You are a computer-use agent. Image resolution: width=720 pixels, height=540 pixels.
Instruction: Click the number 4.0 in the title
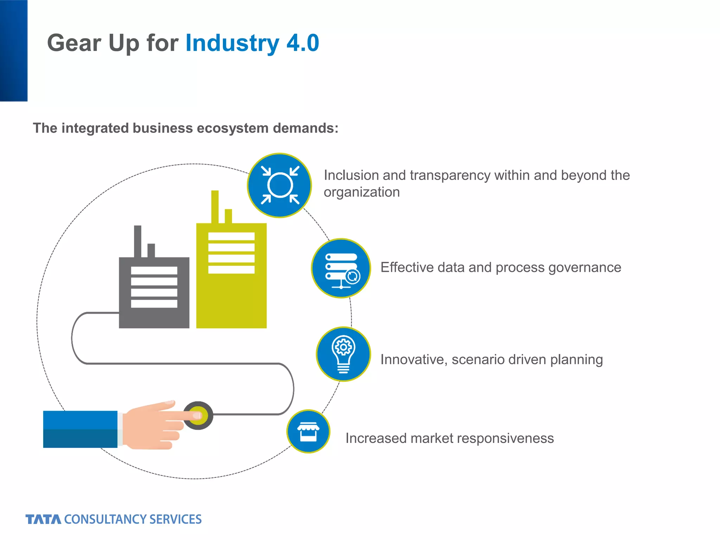tap(303, 43)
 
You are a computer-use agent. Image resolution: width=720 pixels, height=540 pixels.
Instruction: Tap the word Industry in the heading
tap(232, 43)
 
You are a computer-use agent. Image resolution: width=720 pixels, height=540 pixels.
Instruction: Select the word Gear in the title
tap(74, 43)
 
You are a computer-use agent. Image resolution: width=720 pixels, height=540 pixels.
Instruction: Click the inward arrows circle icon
tap(279, 185)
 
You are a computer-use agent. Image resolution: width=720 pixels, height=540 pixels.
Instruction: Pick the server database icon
tap(341, 268)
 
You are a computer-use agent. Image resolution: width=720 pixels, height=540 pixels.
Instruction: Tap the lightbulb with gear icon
tap(343, 354)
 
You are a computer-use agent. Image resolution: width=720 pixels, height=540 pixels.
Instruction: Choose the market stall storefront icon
tap(308, 431)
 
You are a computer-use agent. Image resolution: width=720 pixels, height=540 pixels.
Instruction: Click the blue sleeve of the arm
tap(80, 429)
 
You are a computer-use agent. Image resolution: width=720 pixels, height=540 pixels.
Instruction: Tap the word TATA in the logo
tap(43, 519)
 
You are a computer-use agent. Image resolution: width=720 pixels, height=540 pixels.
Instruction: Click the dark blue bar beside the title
tap(13, 51)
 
